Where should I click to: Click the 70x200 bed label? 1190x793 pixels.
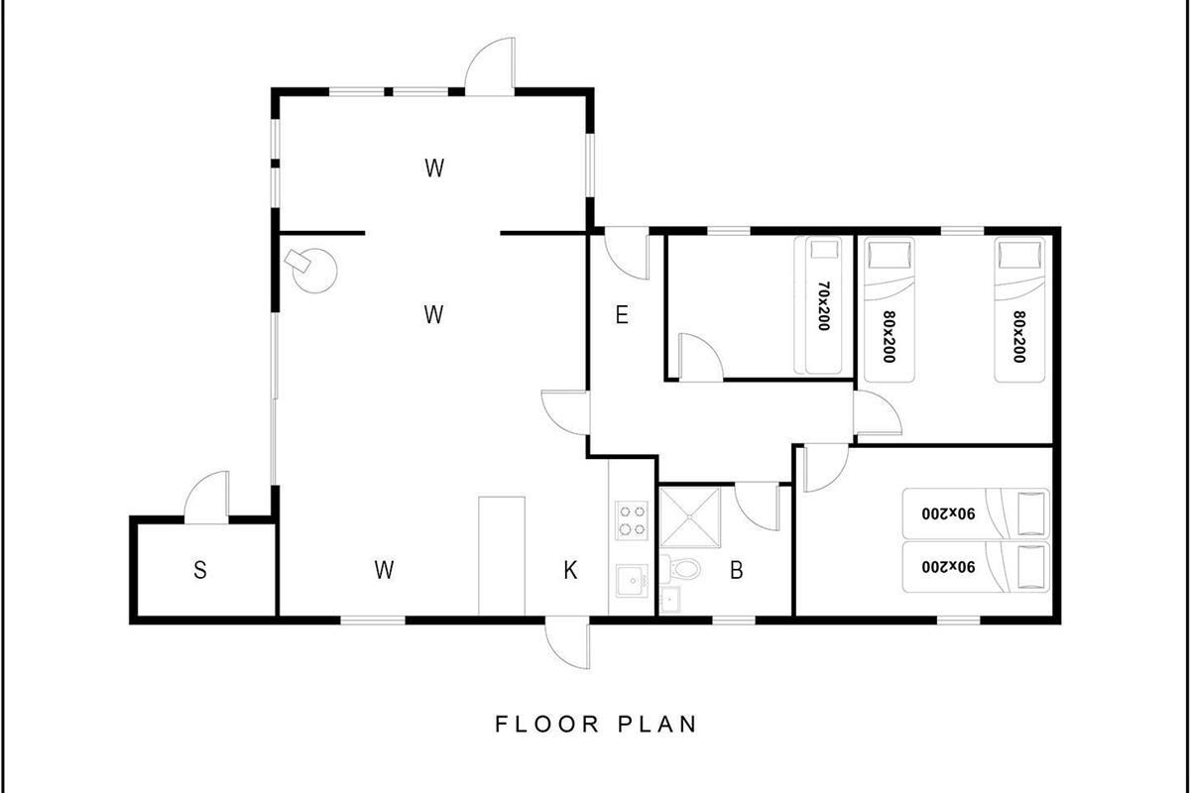pyautogui.click(x=823, y=306)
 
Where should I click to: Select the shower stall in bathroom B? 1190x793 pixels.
pyautogui.click(x=690, y=517)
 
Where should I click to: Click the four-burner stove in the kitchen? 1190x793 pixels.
pyautogui.click(x=632, y=520)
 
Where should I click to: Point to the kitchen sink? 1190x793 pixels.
pyautogui.click(x=633, y=581)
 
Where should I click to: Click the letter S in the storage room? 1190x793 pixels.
pyautogui.click(x=199, y=570)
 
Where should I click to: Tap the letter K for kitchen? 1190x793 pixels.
pyautogui.click(x=570, y=570)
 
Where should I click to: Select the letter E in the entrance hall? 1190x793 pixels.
pyautogui.click(x=622, y=315)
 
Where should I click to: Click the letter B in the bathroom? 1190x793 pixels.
pyautogui.click(x=736, y=570)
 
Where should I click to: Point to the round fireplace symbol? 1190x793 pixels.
pyautogui.click(x=315, y=272)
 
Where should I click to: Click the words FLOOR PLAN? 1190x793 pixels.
pyautogui.click(x=596, y=725)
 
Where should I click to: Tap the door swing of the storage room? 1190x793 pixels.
pyautogui.click(x=206, y=497)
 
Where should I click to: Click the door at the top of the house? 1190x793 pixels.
pyautogui.click(x=490, y=66)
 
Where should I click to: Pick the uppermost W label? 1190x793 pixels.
pyautogui.click(x=434, y=168)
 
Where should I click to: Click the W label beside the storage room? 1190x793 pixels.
pyautogui.click(x=384, y=570)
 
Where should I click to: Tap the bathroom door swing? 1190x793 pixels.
pyautogui.click(x=757, y=508)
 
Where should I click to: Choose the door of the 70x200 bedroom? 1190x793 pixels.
pyautogui.click(x=701, y=357)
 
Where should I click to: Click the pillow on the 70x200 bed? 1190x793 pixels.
pyautogui.click(x=824, y=249)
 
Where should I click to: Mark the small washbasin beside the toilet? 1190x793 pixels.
pyautogui.click(x=670, y=599)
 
